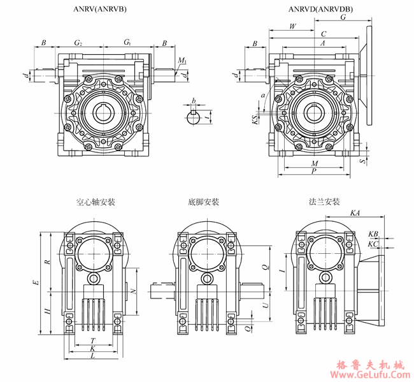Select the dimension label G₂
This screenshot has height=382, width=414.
pos(78,43)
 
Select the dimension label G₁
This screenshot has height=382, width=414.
pos(128,43)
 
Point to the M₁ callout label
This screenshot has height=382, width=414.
pos(183,61)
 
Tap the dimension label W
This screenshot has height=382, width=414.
pos(292,27)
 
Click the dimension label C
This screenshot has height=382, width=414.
pos(324,34)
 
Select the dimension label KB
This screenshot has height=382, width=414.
pos(373,235)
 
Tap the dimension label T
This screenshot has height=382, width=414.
pos(93,341)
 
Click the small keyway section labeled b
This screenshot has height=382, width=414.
pos(194,114)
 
